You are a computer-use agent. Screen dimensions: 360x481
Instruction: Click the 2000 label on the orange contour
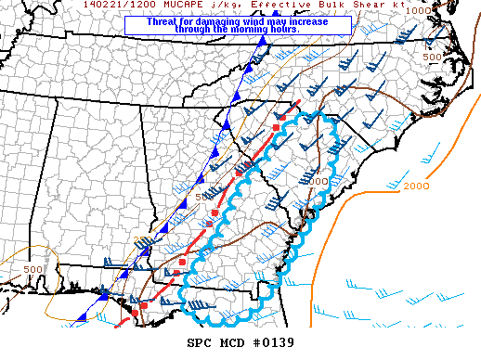417,186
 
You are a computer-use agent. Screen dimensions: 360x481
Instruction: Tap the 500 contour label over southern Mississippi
33,269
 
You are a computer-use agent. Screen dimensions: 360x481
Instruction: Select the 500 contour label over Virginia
432,58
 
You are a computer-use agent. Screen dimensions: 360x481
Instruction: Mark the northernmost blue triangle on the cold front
263,41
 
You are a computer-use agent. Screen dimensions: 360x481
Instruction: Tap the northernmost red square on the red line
276,126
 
